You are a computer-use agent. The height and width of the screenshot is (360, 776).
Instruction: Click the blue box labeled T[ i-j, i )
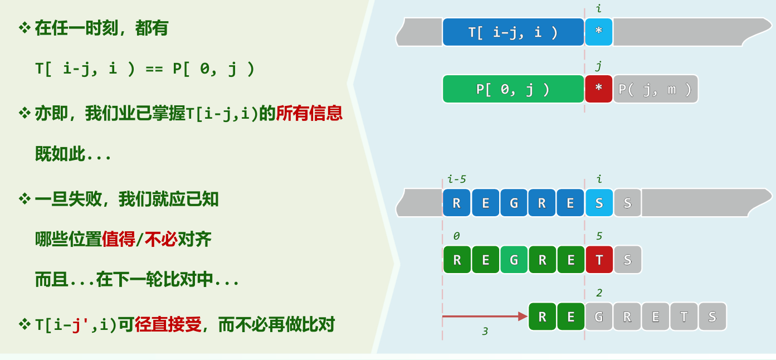click(x=513, y=32)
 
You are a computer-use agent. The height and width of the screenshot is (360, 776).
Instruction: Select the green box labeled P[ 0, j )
click(x=513, y=89)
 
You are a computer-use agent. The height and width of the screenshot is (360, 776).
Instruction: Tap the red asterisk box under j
click(x=599, y=89)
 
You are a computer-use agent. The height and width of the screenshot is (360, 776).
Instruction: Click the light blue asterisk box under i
click(x=599, y=32)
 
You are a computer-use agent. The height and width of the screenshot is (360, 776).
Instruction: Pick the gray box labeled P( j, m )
click(x=656, y=89)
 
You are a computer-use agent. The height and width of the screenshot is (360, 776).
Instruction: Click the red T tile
click(x=599, y=260)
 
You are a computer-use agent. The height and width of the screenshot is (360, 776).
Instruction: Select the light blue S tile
click(x=599, y=203)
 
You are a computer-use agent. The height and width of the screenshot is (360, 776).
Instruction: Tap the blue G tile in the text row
click(x=514, y=203)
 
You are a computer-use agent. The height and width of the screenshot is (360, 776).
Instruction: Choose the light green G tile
click(x=514, y=260)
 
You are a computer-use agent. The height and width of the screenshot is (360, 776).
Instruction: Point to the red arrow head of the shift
click(x=523, y=317)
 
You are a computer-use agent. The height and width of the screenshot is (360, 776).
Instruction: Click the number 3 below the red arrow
click(x=485, y=332)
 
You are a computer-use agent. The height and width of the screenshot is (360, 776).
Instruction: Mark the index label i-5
click(x=457, y=179)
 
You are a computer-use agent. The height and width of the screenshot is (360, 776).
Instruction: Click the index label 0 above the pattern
click(x=457, y=236)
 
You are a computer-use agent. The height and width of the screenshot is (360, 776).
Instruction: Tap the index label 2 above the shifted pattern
click(x=599, y=293)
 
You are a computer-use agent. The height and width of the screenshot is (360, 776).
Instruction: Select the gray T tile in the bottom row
click(x=684, y=317)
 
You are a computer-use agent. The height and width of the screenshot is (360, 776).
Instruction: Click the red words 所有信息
click(x=309, y=113)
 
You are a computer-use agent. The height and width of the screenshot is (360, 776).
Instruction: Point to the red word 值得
click(x=119, y=239)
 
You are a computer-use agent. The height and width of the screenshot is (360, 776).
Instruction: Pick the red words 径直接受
click(x=168, y=325)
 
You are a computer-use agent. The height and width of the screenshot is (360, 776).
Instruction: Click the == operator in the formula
click(x=154, y=69)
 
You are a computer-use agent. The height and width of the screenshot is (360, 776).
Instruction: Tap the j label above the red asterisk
click(x=599, y=66)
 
